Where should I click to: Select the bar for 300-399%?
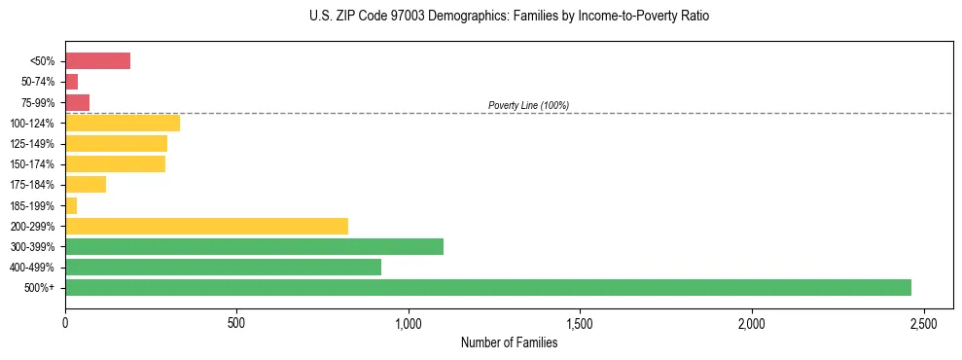[254, 246]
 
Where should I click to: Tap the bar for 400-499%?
[223, 267]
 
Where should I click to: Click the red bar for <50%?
[97, 61]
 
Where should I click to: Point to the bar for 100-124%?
[123, 123]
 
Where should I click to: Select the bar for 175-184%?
[86, 184]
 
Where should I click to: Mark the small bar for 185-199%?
[71, 205]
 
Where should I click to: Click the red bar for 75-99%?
[77, 102]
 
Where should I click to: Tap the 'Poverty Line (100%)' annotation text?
[528, 105]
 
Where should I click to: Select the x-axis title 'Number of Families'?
[510, 342]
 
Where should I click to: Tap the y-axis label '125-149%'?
[32, 144]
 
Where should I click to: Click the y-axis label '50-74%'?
[36, 82]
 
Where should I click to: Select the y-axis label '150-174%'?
[32, 164]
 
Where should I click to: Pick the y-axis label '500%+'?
[38, 288]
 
